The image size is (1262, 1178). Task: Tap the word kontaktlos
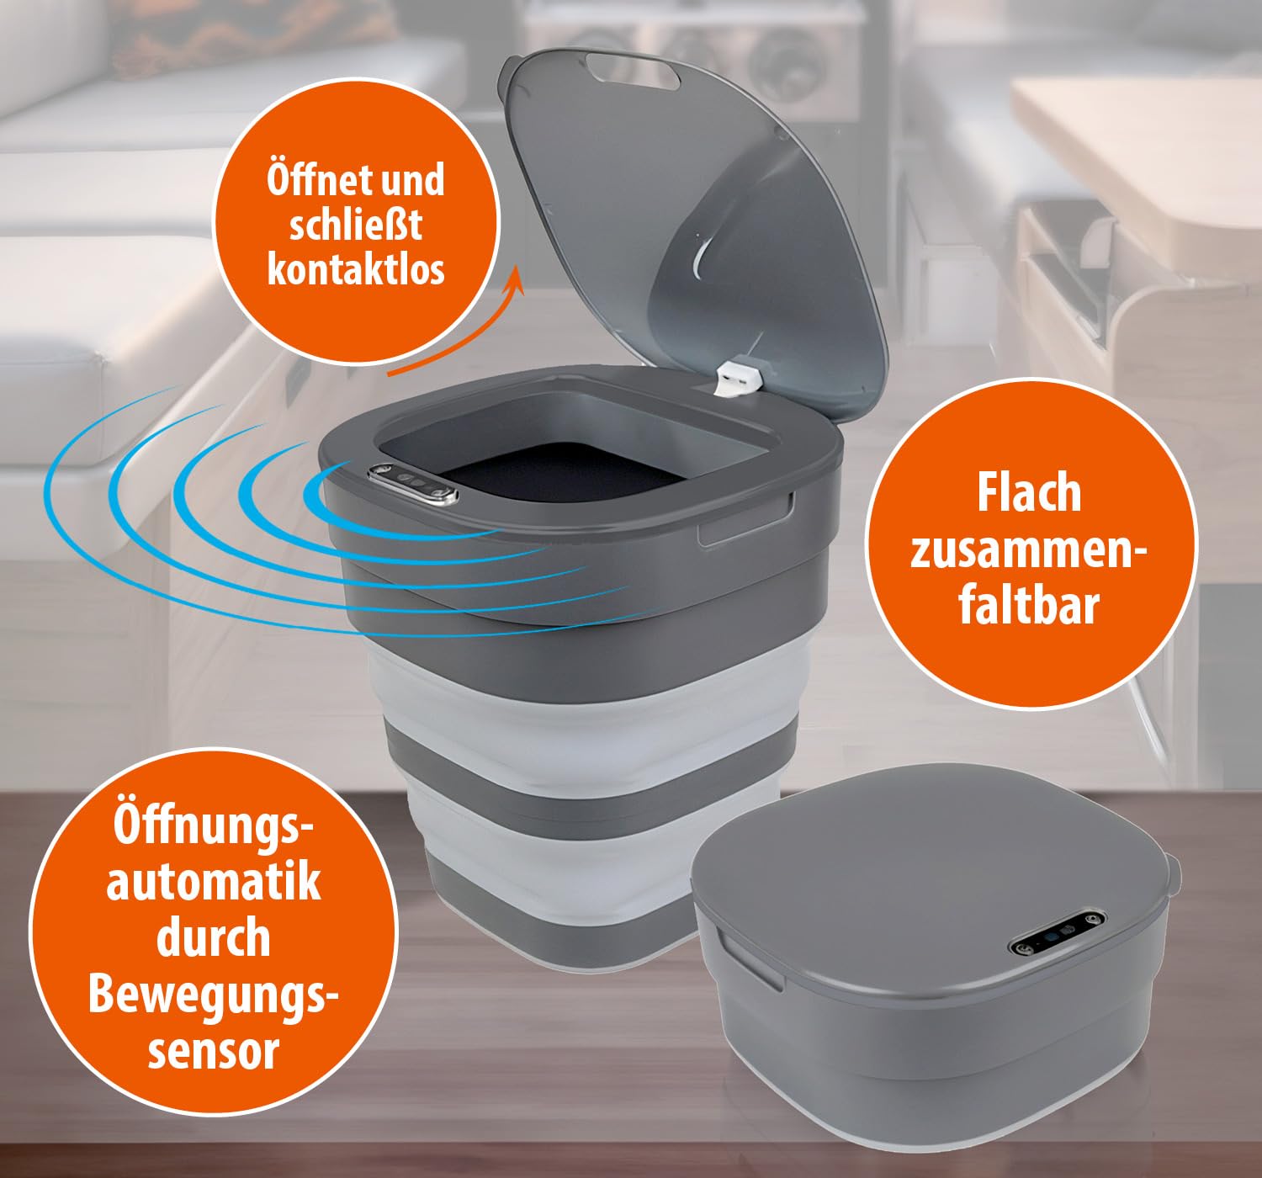click(356, 269)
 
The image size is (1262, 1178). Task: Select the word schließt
click(356, 225)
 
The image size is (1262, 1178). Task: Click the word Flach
click(1030, 493)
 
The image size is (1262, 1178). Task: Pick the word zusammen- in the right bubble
click(1029, 550)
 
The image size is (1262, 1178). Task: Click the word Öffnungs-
click(215, 825)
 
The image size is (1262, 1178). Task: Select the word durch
click(214, 937)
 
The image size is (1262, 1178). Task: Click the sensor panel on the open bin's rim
click(412, 485)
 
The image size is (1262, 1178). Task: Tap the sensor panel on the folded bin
click(1058, 935)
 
